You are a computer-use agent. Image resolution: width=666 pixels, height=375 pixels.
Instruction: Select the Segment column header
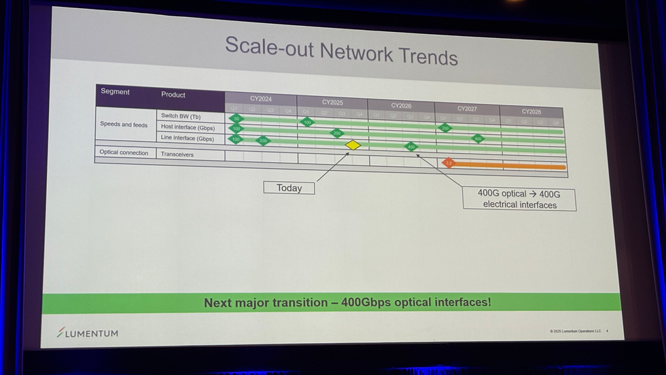(115, 91)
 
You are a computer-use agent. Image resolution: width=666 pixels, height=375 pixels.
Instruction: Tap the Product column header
(173, 95)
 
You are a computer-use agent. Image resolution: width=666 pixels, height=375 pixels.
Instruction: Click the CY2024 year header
(260, 99)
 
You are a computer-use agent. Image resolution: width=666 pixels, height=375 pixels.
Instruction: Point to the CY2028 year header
(531, 111)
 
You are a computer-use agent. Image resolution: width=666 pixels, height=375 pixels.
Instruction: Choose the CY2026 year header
(401, 105)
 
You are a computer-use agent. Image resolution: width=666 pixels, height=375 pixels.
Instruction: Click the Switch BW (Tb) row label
(181, 116)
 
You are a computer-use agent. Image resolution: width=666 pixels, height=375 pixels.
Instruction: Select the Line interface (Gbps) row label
(187, 138)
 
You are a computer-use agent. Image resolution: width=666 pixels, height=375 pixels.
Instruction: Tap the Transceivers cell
(177, 154)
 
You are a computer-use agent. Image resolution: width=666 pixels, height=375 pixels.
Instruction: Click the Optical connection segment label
(124, 152)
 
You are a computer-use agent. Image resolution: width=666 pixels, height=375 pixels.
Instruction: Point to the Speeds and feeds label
(124, 125)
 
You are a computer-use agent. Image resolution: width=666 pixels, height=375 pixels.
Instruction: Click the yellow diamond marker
(353, 145)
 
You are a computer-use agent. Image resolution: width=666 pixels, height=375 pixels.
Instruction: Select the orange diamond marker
(448, 163)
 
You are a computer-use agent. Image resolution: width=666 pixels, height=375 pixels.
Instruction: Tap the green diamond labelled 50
(236, 118)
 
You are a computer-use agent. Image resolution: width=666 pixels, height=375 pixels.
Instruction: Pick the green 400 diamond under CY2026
(410, 146)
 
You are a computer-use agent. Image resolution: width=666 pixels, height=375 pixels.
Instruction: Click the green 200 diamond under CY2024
(263, 141)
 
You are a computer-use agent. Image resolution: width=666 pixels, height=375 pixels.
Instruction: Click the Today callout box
(289, 188)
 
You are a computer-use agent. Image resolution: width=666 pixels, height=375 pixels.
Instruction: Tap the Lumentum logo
(88, 333)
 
